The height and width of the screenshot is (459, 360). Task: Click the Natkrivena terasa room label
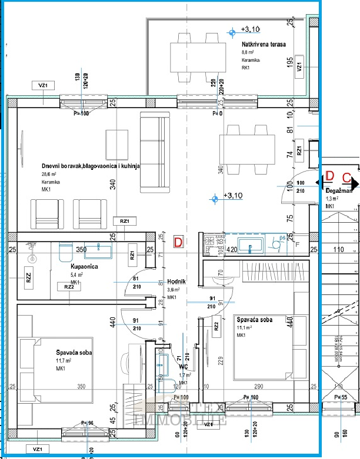click(x=264, y=45)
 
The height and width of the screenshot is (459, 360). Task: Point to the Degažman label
click(x=339, y=191)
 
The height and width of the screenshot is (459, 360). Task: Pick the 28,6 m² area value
click(x=48, y=175)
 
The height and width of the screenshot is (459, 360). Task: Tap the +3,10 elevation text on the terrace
click(x=250, y=29)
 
